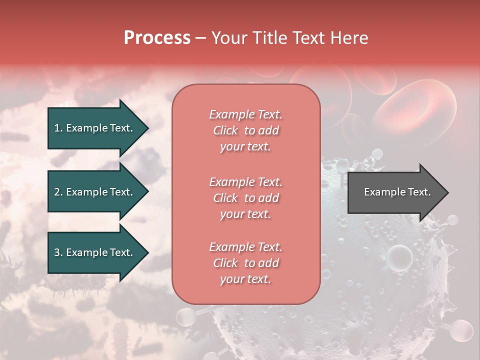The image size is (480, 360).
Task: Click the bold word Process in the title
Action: point(157,38)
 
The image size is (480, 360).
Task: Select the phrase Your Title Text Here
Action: point(289,38)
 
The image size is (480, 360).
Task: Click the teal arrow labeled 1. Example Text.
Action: point(93,128)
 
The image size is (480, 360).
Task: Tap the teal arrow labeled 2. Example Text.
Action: point(93,192)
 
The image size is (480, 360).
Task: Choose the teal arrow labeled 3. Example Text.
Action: point(93,253)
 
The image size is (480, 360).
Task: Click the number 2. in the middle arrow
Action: point(58,192)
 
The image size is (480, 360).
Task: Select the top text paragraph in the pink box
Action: point(245,130)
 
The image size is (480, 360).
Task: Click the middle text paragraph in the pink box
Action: point(245,198)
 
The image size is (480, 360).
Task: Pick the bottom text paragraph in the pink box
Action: point(245,263)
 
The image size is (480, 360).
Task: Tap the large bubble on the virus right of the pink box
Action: point(400,256)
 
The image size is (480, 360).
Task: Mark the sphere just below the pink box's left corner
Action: point(186,316)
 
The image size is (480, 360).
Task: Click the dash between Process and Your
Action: point(201,38)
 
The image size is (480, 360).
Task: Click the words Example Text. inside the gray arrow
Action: point(397,192)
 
